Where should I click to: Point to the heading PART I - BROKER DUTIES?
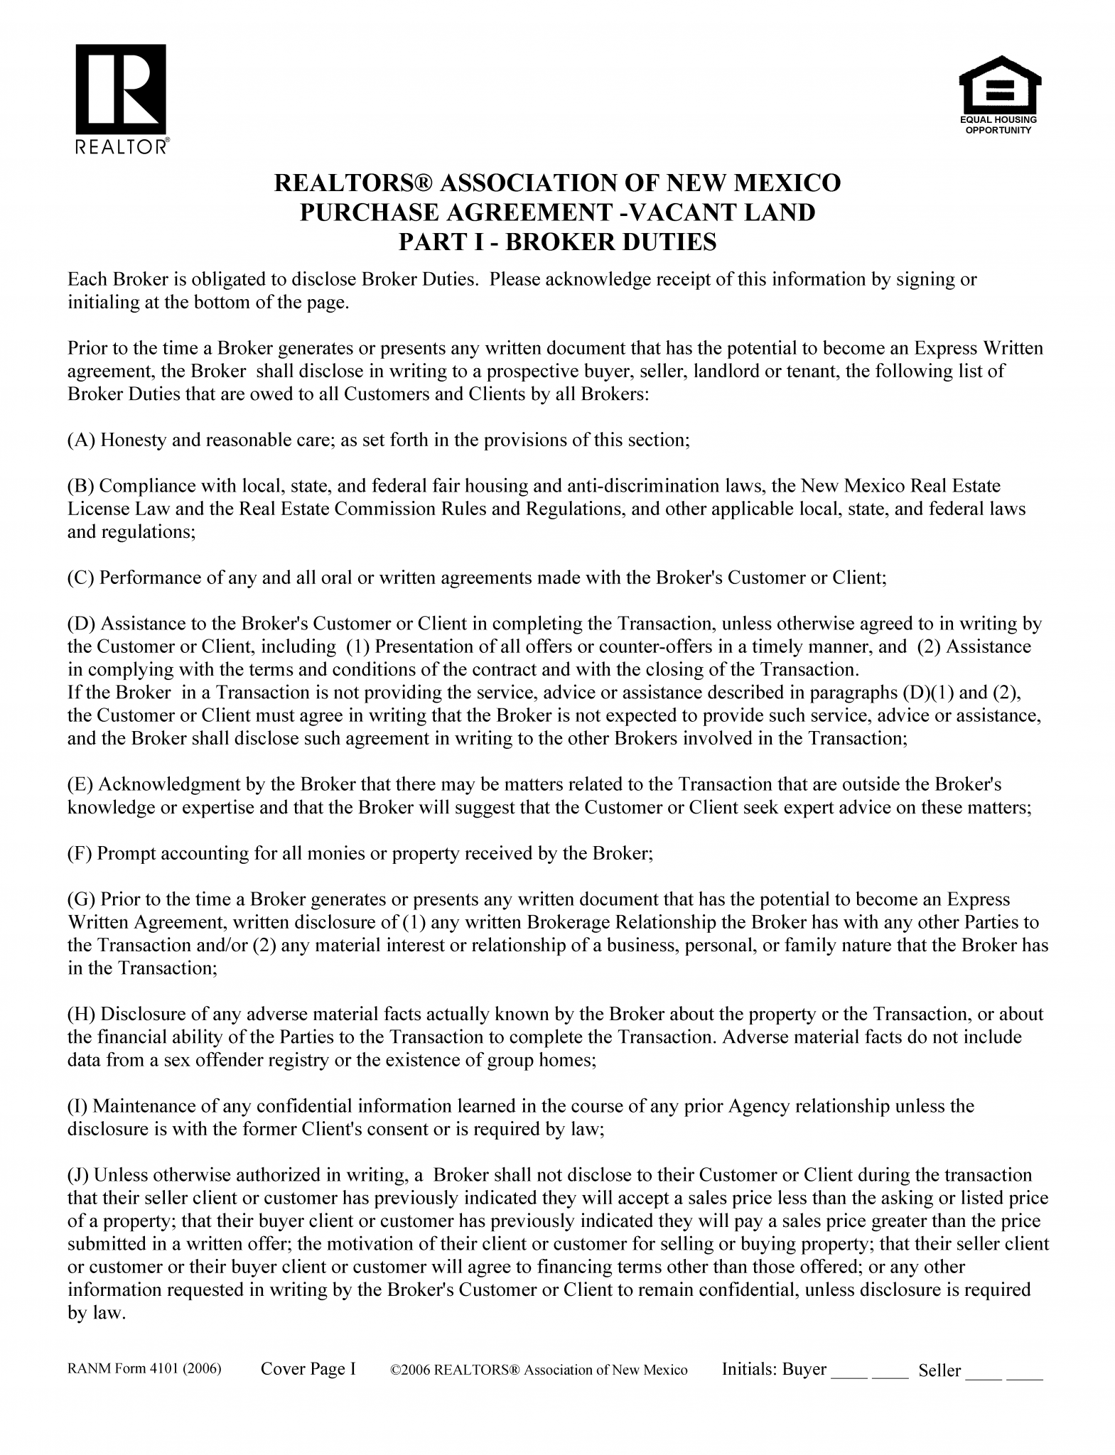pos(557,242)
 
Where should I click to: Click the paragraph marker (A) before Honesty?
pos(82,440)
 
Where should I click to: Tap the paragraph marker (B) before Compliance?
pos(81,487)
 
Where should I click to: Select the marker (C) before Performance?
pos(81,578)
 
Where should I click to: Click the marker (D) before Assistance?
pos(82,624)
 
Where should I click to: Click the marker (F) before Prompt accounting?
pos(80,853)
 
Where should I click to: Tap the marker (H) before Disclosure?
pos(82,1015)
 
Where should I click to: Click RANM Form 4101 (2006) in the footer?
pos(145,1370)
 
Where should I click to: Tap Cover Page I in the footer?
pos(308,1369)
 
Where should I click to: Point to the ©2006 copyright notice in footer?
pos(539,1370)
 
